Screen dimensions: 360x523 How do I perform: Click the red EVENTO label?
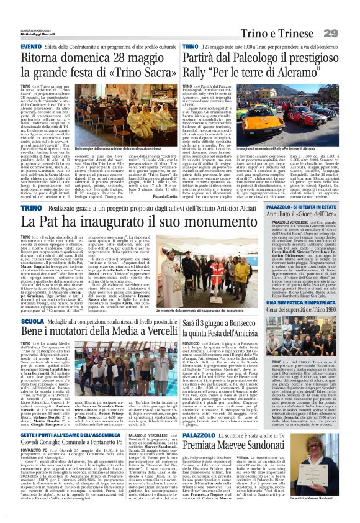point(30,47)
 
